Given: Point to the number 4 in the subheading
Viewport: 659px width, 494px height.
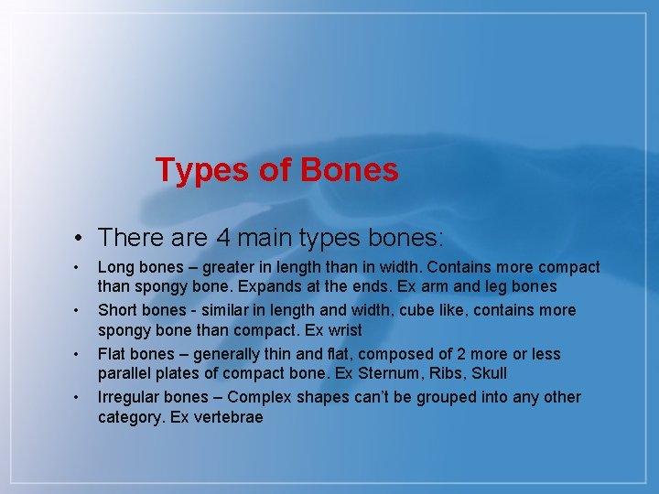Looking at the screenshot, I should (223, 238).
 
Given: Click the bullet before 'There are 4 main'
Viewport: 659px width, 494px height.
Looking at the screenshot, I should (81, 239).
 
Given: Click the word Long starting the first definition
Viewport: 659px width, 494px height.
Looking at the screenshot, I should (114, 267).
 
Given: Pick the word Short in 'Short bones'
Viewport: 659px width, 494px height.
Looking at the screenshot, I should (117, 310).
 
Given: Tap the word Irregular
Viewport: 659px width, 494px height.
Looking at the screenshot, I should (129, 396).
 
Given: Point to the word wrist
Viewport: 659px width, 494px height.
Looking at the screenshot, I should (343, 330).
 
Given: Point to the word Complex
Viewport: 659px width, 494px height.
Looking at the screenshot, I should (258, 396).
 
